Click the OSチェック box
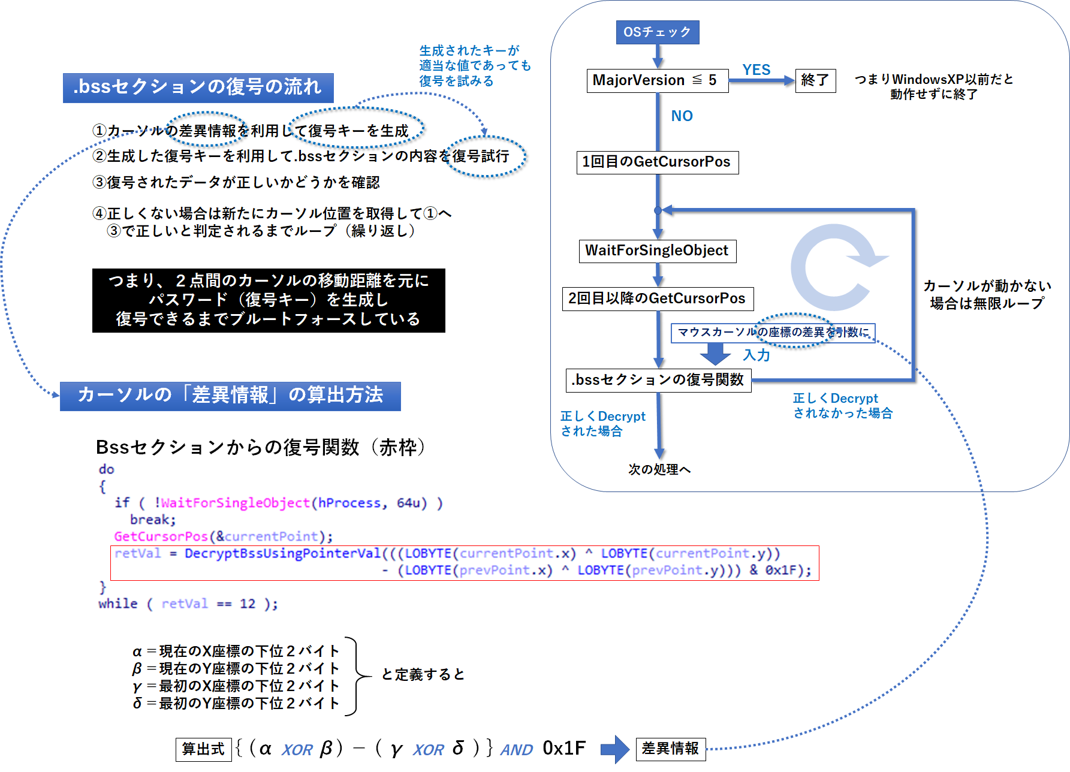[x=657, y=32]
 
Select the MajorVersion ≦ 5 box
[x=657, y=80]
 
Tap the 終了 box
[x=815, y=80]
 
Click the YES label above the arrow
[x=756, y=70]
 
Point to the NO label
[x=682, y=116]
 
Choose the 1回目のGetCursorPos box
[x=657, y=162]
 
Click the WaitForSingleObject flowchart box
[x=657, y=251]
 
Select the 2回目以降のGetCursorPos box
[x=657, y=298]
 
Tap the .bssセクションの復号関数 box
[x=658, y=380]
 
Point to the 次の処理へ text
[x=659, y=469]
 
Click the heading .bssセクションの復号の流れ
[x=198, y=88]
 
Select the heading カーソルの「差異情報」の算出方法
[x=230, y=396]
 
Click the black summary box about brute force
[x=269, y=300]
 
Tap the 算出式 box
[x=203, y=749]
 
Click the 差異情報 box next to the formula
[x=670, y=749]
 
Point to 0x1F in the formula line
[x=563, y=748]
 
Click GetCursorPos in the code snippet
[x=161, y=536]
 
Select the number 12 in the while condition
[x=248, y=604]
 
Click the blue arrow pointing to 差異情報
[x=614, y=749]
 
